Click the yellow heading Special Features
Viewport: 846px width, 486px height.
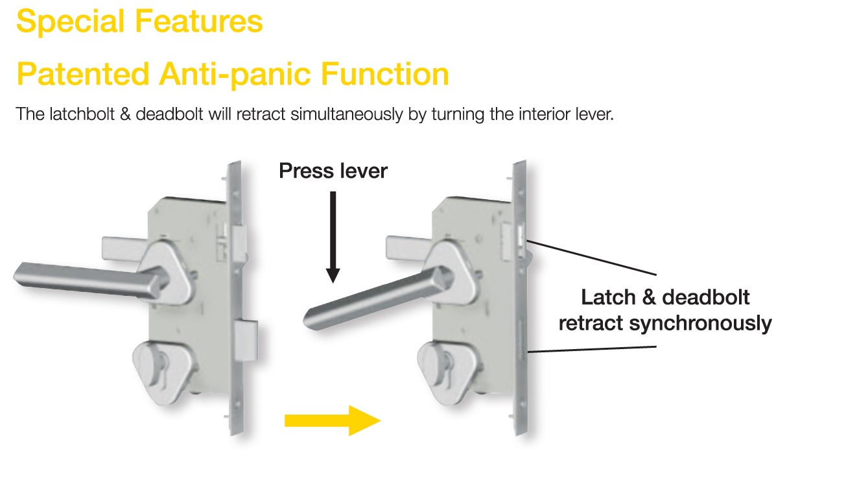[x=139, y=21]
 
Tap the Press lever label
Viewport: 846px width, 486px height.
[x=333, y=171]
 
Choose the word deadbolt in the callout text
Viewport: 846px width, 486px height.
[x=705, y=298]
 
